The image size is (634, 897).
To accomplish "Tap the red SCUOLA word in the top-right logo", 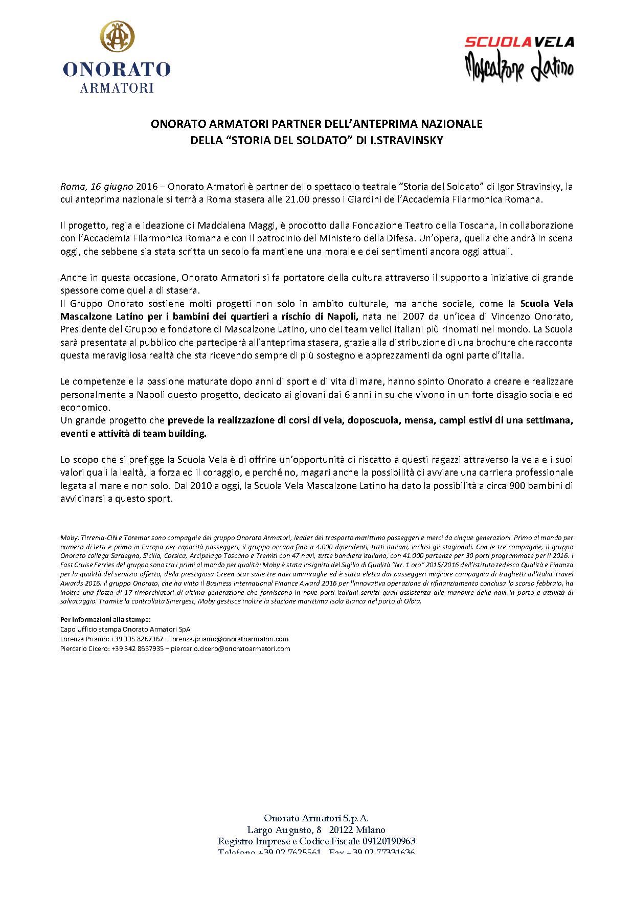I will pyautogui.click(x=494, y=42).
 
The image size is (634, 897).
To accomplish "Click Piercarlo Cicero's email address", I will pyautogui.click(x=230, y=649).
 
